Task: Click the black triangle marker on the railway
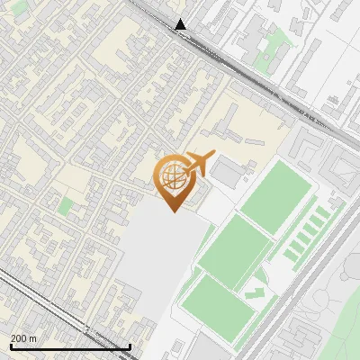pos(181,24)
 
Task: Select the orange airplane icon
pos(197,164)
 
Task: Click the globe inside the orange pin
pos(171,174)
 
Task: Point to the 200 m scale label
pos(24,338)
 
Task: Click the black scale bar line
pos(69,346)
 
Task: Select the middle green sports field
pos(234,246)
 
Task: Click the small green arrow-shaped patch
pos(256,292)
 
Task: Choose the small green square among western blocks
pos(65,206)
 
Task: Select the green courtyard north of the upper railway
pos(282,40)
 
